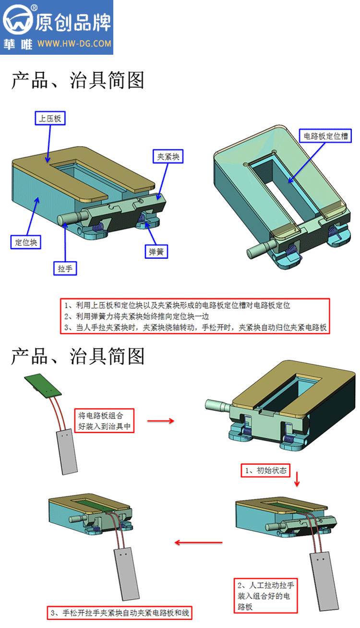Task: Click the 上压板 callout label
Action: tap(50, 118)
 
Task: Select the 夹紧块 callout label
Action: tap(168, 157)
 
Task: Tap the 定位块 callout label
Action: tap(26, 242)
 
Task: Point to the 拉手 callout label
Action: tap(65, 268)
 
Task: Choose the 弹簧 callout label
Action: tap(156, 252)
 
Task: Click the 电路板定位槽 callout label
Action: tap(325, 136)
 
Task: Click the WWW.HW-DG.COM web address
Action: tap(74, 44)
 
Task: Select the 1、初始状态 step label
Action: tap(265, 470)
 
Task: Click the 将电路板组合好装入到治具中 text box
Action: tap(104, 421)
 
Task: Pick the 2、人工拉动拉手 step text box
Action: tap(265, 595)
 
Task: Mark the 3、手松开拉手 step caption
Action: tap(120, 613)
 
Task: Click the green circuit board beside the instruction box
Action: tap(43, 386)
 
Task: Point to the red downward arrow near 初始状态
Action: tap(297, 479)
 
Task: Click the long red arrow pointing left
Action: tap(199, 543)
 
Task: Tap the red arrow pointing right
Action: tap(161, 421)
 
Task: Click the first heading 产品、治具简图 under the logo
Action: tap(78, 81)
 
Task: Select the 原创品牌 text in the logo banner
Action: tap(73, 23)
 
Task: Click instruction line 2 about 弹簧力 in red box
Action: tap(136, 316)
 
